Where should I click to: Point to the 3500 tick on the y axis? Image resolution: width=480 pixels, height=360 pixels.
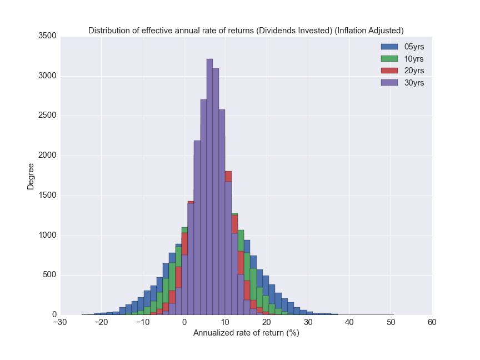point(46,36)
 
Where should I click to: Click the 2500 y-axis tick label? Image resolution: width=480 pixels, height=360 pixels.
point(46,116)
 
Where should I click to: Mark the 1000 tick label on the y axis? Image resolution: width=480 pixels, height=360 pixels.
point(46,236)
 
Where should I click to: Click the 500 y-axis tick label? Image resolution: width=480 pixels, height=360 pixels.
point(48,276)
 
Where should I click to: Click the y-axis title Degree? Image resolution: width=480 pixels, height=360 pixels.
point(31,176)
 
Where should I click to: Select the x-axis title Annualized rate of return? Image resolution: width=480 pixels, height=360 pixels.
point(246,333)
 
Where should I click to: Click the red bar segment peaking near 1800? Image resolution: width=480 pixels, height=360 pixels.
point(228,176)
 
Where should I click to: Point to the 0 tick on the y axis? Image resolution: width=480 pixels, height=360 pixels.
point(53,315)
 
